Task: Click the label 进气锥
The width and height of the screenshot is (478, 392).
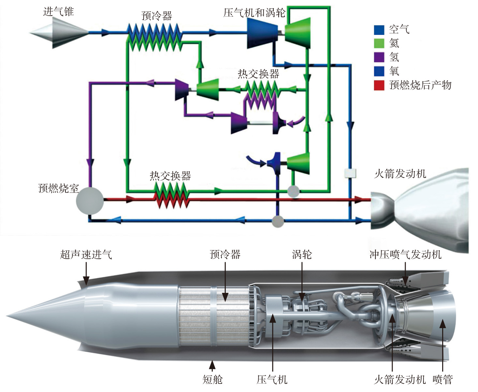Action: (x=59, y=12)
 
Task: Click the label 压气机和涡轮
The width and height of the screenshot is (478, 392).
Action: (x=254, y=13)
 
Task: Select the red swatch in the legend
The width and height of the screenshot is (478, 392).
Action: (x=379, y=85)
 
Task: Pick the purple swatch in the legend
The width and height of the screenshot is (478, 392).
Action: (x=379, y=57)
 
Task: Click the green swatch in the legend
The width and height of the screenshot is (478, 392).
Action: (x=379, y=43)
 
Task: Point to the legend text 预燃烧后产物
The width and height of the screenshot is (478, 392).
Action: (x=420, y=85)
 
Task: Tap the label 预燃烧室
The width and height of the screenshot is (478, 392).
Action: (x=59, y=188)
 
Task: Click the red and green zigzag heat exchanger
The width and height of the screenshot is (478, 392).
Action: (x=171, y=195)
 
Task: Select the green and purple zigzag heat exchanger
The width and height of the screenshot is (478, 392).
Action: (x=261, y=94)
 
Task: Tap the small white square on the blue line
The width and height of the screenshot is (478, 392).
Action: (x=350, y=173)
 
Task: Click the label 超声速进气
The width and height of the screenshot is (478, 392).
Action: (x=86, y=254)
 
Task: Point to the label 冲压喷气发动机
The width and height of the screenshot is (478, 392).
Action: (x=405, y=254)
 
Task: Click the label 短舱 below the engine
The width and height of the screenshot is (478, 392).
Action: (x=212, y=379)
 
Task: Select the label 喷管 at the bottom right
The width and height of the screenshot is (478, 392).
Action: (x=442, y=379)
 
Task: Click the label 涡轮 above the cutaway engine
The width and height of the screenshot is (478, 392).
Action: (x=302, y=254)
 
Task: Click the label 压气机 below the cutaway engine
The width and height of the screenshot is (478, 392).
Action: (x=272, y=379)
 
